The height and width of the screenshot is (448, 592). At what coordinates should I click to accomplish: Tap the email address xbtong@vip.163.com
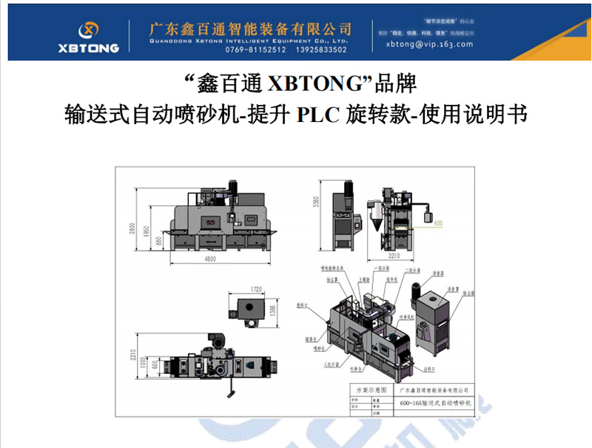coord(429,44)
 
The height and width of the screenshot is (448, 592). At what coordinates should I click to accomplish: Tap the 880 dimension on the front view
coord(158,241)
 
